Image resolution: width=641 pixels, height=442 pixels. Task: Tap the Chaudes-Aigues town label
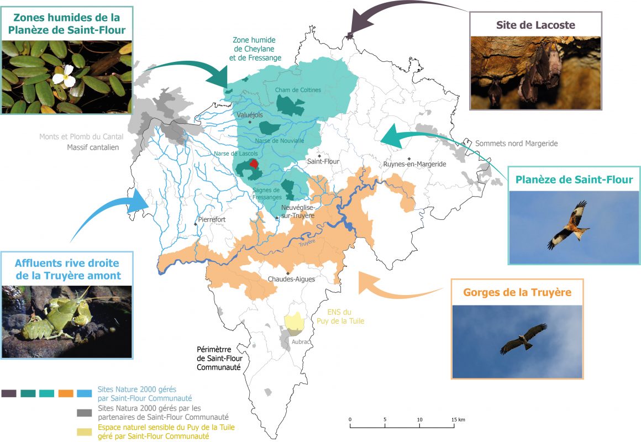tap(291, 279)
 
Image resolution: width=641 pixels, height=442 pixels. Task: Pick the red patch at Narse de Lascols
tap(254, 164)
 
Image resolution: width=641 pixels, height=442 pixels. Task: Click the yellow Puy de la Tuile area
tap(294, 322)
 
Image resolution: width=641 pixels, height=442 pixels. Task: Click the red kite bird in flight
tap(569, 225)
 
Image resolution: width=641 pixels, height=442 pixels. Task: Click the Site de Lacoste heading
tap(534, 25)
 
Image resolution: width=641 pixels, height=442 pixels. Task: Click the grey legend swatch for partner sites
tap(84, 412)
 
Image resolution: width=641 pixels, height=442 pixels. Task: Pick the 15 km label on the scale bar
tap(458, 420)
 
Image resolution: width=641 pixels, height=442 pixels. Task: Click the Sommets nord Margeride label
tap(517, 144)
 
